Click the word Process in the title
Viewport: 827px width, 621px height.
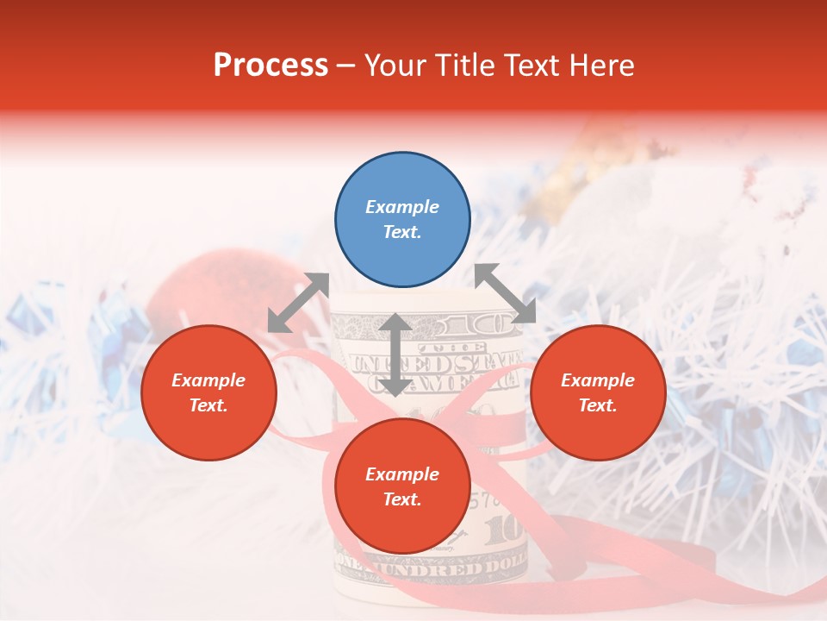tap(270, 66)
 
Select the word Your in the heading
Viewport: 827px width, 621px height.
tap(397, 66)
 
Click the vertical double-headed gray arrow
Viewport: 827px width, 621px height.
tap(395, 354)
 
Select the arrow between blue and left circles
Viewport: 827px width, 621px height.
tap(298, 302)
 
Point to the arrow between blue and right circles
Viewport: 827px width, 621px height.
tap(505, 293)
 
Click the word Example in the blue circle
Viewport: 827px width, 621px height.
tap(402, 207)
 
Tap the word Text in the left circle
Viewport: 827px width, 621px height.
tap(208, 405)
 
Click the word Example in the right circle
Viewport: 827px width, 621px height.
tap(598, 380)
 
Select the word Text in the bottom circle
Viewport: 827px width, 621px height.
tap(402, 499)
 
